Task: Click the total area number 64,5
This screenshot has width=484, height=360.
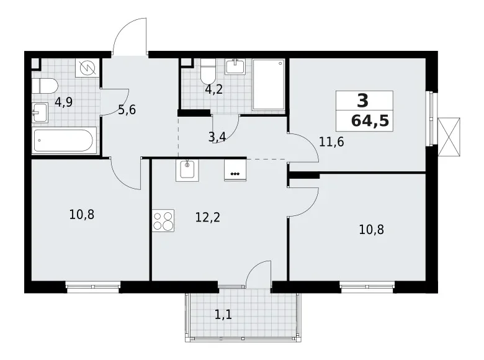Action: pyautogui.click(x=370, y=120)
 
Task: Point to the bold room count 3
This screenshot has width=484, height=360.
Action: pyautogui.click(x=362, y=100)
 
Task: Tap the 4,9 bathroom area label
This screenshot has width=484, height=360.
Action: pyautogui.click(x=63, y=102)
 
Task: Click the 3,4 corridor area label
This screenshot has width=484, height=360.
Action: pyautogui.click(x=217, y=137)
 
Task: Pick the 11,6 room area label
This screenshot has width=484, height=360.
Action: pyautogui.click(x=331, y=141)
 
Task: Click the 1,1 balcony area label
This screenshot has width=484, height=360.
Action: pyautogui.click(x=223, y=315)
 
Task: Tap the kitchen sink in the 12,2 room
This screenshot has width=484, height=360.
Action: pyautogui.click(x=187, y=169)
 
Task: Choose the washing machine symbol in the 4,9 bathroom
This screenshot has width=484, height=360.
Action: pyautogui.click(x=87, y=68)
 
